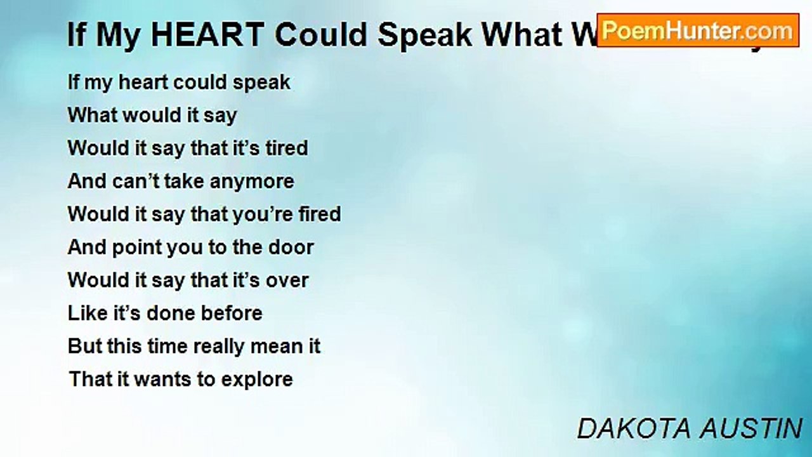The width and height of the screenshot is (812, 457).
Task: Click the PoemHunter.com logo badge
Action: (698, 30)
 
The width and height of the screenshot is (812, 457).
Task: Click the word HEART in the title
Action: (207, 36)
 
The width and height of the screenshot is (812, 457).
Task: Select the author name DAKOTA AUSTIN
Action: (690, 429)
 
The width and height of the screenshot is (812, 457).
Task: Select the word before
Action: (232, 314)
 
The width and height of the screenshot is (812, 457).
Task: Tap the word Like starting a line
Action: (84, 314)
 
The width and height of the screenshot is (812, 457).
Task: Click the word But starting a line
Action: (84, 347)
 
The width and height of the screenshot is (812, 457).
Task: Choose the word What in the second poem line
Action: (91, 115)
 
